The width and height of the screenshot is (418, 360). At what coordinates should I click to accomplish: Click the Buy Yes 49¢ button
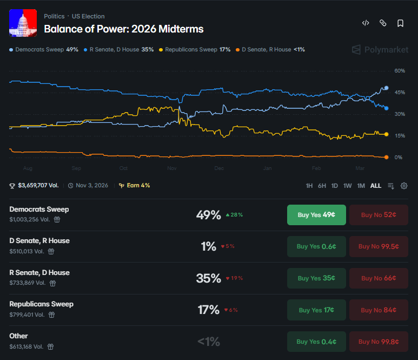click(x=316, y=215)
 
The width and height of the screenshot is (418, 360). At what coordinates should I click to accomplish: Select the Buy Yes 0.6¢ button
click(x=316, y=246)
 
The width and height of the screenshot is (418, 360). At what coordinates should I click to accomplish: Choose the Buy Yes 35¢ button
click(x=316, y=278)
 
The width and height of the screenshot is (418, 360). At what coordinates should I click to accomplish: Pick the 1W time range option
click(x=348, y=186)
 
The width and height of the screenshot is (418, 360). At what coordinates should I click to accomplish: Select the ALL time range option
click(x=375, y=186)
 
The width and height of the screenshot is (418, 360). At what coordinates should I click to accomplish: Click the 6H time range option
click(x=322, y=186)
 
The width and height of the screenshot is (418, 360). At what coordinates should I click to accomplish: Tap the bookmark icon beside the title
click(x=400, y=23)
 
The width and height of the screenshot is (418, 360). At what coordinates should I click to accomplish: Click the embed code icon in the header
click(x=366, y=23)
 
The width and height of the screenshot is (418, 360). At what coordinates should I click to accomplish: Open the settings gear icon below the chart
click(x=404, y=186)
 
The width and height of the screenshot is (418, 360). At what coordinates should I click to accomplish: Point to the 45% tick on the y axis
click(x=400, y=93)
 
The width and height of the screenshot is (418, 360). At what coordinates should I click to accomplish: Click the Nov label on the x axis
click(x=172, y=168)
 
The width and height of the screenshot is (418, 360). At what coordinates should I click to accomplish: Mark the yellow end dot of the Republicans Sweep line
click(x=386, y=134)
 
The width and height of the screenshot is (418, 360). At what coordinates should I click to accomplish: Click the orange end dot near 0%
click(x=386, y=157)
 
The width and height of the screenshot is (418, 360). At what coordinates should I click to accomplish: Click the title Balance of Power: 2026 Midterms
click(x=124, y=29)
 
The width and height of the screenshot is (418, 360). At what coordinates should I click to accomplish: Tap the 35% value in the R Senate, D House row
click(x=208, y=278)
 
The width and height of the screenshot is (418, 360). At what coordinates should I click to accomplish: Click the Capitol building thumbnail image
click(x=23, y=23)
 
